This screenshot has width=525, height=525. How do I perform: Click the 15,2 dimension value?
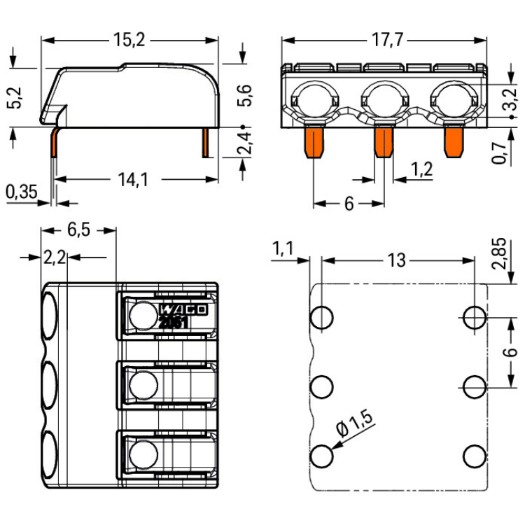129,40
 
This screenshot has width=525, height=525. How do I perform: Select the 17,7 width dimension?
386,40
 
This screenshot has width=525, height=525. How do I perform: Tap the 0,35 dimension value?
22,191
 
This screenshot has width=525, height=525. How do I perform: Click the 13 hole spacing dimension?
396,260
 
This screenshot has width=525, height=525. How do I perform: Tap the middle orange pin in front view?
383,142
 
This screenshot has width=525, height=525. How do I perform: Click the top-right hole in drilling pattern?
474,317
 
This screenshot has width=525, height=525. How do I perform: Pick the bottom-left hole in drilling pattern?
322,456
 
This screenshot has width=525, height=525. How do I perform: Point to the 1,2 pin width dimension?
421,169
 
